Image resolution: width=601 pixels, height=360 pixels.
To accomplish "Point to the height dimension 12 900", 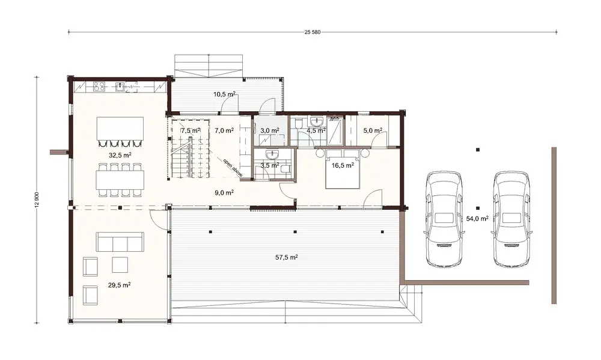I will (x=38, y=201).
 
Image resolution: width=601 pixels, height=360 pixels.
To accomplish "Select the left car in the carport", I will (x=444, y=219).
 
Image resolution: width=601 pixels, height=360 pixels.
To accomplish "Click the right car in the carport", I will (x=512, y=219).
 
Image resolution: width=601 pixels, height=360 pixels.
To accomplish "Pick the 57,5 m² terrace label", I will (x=287, y=257).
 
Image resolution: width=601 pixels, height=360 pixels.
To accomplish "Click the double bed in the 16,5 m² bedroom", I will (x=341, y=171).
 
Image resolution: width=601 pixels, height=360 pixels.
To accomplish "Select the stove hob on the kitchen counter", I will (x=99, y=87).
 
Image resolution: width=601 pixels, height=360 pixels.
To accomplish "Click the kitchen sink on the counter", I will (x=121, y=87).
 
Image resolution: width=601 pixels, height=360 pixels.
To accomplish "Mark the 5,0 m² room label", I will (x=373, y=130).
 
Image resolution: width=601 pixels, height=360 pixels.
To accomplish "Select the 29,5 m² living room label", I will (x=120, y=285).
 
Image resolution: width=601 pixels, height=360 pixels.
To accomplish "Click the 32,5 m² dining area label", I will (x=120, y=154).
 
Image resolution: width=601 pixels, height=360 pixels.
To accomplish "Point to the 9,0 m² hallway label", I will (x=224, y=193).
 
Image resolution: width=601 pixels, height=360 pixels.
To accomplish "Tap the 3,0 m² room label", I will (x=269, y=130).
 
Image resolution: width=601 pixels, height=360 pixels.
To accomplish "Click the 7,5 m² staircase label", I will (x=191, y=130).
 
